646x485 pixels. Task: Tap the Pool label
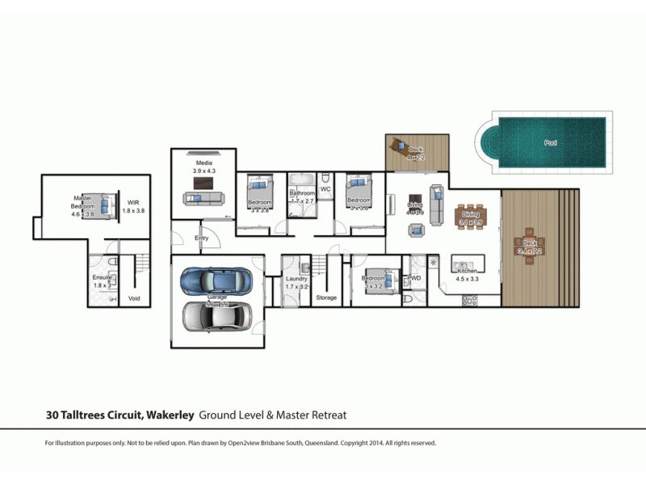[x=551, y=143]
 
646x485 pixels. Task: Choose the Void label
[x=134, y=298]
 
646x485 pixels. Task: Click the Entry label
[x=202, y=238]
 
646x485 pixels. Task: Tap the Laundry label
[x=296, y=279]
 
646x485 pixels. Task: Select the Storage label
[x=326, y=298]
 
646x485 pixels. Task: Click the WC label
[x=326, y=189]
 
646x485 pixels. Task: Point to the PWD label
[x=414, y=278]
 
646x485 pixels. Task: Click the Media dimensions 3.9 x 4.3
[x=204, y=171]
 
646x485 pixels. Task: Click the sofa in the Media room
[x=203, y=197]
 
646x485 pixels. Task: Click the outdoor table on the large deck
[x=530, y=248]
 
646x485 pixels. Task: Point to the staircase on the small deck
[x=399, y=150]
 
